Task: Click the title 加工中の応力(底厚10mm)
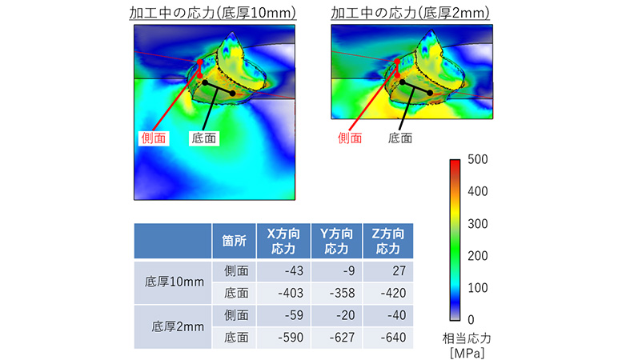[x=213, y=13]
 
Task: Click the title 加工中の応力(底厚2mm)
[x=411, y=13]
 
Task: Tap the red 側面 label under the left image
[x=154, y=138]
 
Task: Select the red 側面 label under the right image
[x=351, y=138]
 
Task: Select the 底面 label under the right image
[x=399, y=138]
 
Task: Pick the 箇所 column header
[x=233, y=241]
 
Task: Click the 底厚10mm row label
[x=175, y=282]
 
